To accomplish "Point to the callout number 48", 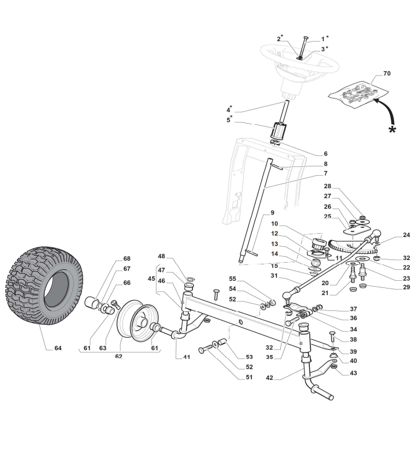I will (x=161, y=256).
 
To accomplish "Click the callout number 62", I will (x=119, y=356).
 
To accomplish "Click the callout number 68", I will (x=127, y=258).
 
